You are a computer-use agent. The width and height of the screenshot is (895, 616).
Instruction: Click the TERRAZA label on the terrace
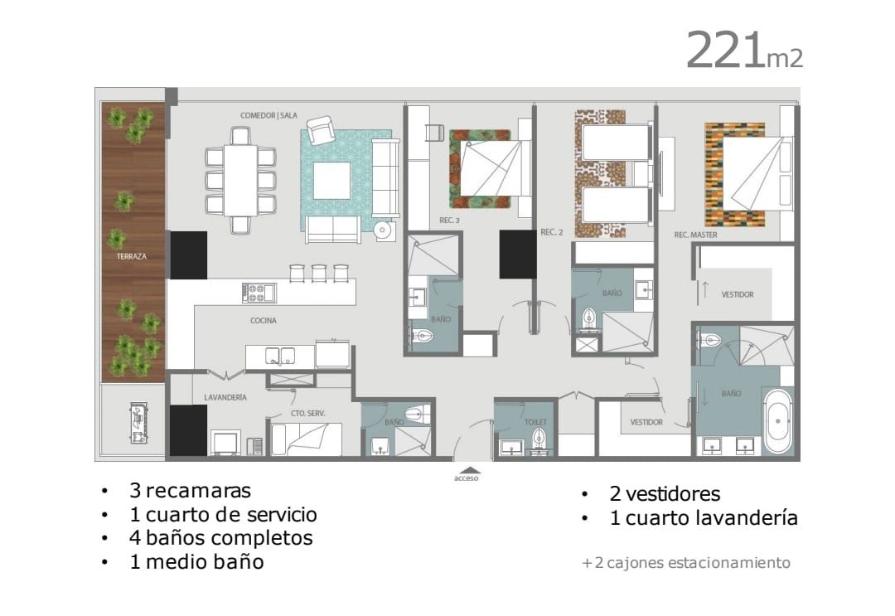pos(132,256)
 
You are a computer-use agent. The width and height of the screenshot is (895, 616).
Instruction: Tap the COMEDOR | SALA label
pos(268,115)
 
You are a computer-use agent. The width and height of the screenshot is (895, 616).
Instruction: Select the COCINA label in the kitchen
pos(264,320)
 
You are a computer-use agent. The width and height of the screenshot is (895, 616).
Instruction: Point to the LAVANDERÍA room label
pos(225,397)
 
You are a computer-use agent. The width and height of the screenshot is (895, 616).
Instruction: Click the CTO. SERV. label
pos(307,413)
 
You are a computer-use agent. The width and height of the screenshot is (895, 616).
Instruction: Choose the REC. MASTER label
pos(696,235)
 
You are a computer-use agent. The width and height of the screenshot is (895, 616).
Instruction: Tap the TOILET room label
pos(535,422)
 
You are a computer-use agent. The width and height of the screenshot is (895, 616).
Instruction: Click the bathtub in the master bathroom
pos(777,421)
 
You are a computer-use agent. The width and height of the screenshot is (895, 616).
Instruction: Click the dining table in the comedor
pos(240,181)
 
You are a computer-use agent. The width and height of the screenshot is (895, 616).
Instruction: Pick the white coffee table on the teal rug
pos(331,181)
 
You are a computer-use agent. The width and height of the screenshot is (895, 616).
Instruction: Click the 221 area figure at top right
pos(724,51)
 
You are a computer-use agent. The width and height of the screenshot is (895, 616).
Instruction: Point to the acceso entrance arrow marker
pos(467,470)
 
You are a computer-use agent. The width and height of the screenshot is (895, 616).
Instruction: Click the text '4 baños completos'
pos(221,538)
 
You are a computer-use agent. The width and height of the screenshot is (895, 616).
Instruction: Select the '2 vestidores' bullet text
pos(665,493)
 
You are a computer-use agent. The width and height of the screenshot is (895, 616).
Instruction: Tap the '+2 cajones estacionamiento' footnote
pos(686,563)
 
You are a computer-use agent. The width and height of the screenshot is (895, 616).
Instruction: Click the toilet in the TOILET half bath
pos(539,440)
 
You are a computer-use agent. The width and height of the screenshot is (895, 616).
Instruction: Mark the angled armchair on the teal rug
pos(321,129)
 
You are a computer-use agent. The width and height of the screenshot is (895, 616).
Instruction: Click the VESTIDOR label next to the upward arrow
pos(738,294)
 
